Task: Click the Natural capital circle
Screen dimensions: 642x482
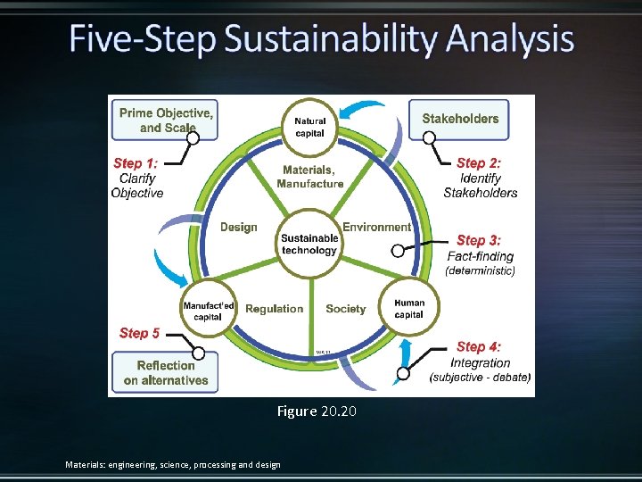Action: click(x=310, y=127)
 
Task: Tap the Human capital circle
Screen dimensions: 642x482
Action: click(x=409, y=309)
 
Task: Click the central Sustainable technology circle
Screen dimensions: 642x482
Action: click(x=309, y=244)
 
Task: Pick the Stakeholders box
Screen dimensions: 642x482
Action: click(x=460, y=119)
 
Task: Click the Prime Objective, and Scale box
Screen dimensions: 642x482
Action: click(x=166, y=120)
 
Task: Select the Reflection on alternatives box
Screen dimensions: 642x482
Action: click(x=166, y=373)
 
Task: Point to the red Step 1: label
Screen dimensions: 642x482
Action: click(x=135, y=163)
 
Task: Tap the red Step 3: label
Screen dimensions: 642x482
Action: click(x=479, y=240)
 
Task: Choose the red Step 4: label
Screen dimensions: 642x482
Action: click(x=479, y=346)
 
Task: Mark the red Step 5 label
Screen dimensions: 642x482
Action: click(x=140, y=333)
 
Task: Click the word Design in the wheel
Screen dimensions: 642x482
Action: click(x=239, y=227)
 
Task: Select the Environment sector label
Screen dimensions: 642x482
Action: click(x=377, y=227)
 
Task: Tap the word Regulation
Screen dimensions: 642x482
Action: click(x=274, y=309)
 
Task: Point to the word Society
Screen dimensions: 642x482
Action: click(x=346, y=309)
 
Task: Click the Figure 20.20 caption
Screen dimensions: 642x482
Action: click(x=317, y=411)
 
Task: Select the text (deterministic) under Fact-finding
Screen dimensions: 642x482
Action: click(x=481, y=270)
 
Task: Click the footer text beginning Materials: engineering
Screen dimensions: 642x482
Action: click(x=173, y=464)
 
